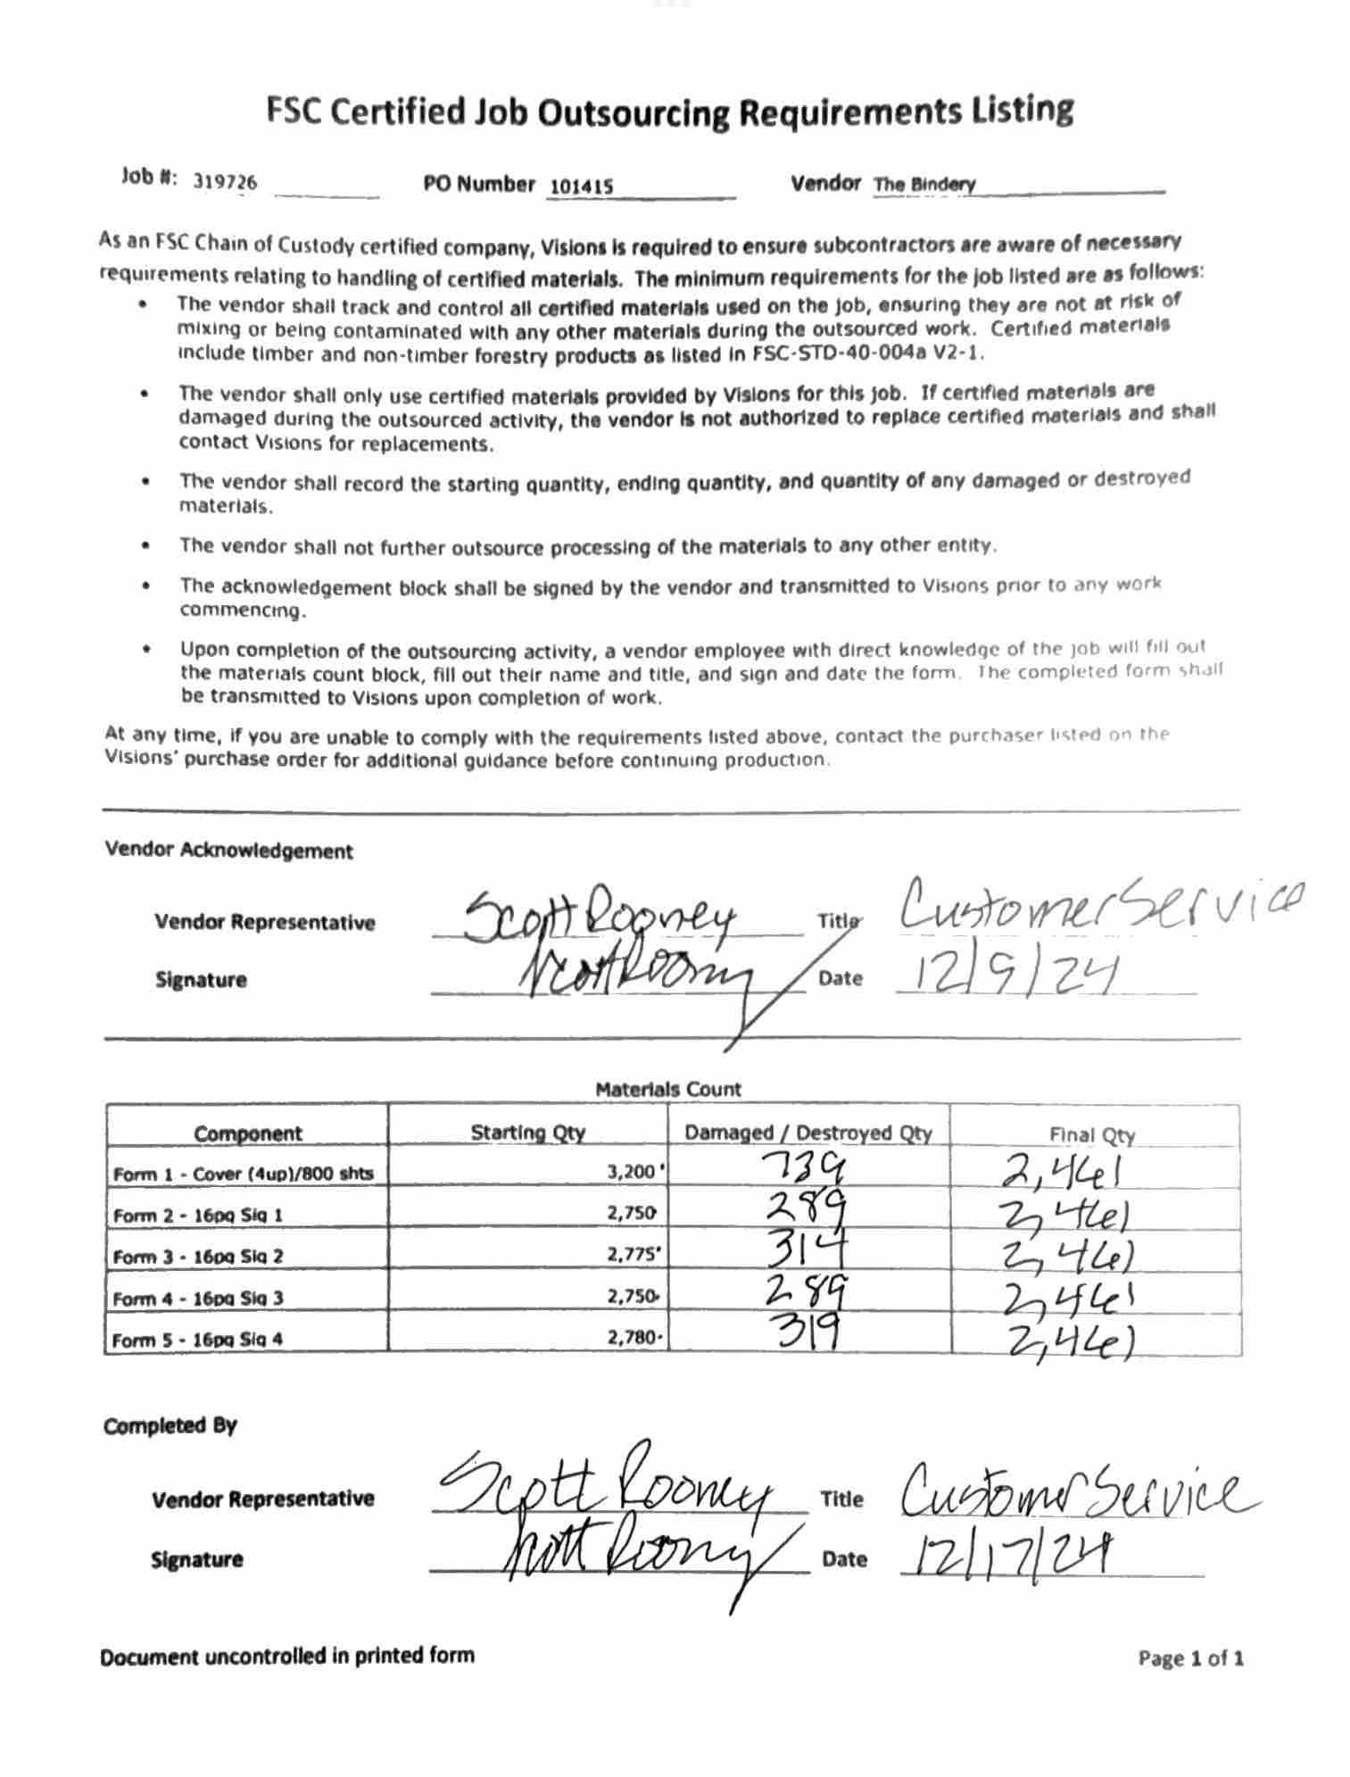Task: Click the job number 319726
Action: tap(225, 182)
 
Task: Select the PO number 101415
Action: tap(581, 187)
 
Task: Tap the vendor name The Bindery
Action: tap(924, 185)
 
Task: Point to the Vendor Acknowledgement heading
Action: tap(228, 851)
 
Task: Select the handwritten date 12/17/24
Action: tap(1008, 1557)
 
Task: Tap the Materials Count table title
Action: tap(668, 1089)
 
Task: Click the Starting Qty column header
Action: tap(527, 1133)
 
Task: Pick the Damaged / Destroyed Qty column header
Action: tap(808, 1133)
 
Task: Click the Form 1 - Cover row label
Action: tap(243, 1174)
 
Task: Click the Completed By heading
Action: tap(170, 1425)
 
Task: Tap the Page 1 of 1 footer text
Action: tap(1190, 1658)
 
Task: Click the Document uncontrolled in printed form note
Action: tap(286, 1656)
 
